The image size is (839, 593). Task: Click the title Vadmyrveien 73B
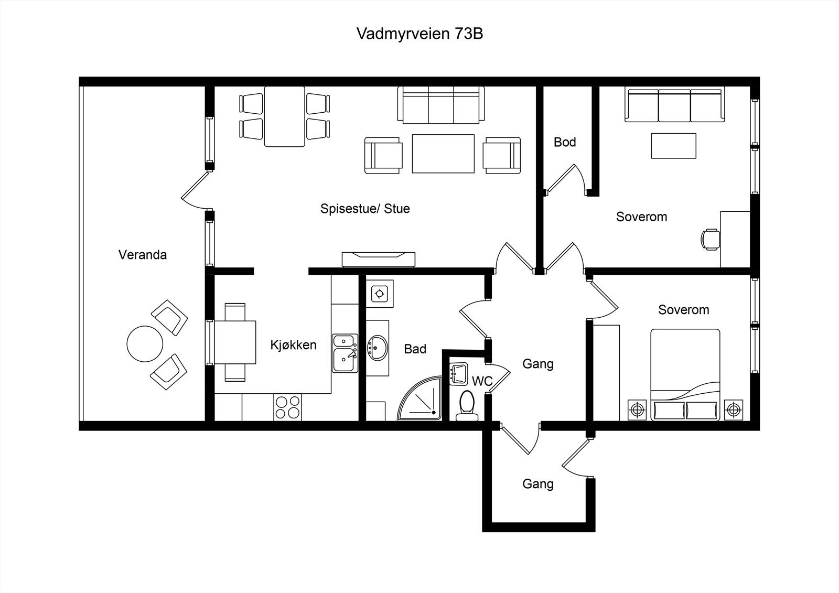pyautogui.click(x=419, y=34)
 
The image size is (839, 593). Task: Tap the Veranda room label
pyautogui.click(x=143, y=255)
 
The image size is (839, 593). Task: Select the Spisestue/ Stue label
pyautogui.click(x=365, y=209)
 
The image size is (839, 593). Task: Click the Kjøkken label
pyautogui.click(x=294, y=344)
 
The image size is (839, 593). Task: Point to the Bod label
pyautogui.click(x=565, y=142)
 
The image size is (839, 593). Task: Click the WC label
pyautogui.click(x=482, y=381)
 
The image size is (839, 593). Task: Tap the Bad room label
pyautogui.click(x=415, y=349)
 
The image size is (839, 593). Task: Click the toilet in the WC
pyautogui.click(x=467, y=406)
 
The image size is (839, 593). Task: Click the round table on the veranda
pyautogui.click(x=145, y=343)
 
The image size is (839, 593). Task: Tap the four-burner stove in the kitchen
pyautogui.click(x=288, y=407)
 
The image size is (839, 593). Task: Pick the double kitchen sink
pyautogui.click(x=345, y=353)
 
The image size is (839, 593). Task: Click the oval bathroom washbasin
pyautogui.click(x=377, y=348)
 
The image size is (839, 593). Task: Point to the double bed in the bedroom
pyautogui.click(x=685, y=374)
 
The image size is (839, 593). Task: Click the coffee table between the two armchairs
pyautogui.click(x=443, y=154)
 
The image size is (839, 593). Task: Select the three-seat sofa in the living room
pyautogui.click(x=441, y=105)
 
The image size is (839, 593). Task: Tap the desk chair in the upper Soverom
pyautogui.click(x=711, y=240)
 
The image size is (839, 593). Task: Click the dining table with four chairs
pyautogui.click(x=285, y=116)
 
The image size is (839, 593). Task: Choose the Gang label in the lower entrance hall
pyautogui.click(x=538, y=484)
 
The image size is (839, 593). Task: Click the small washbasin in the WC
pyautogui.click(x=458, y=374)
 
